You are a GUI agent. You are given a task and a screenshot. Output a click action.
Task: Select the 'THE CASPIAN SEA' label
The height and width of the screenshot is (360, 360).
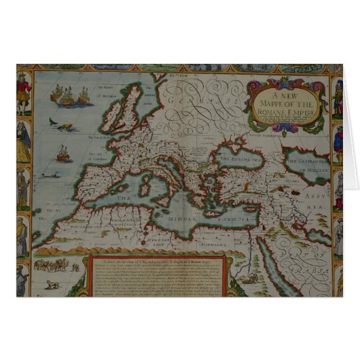coord(307,161)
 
